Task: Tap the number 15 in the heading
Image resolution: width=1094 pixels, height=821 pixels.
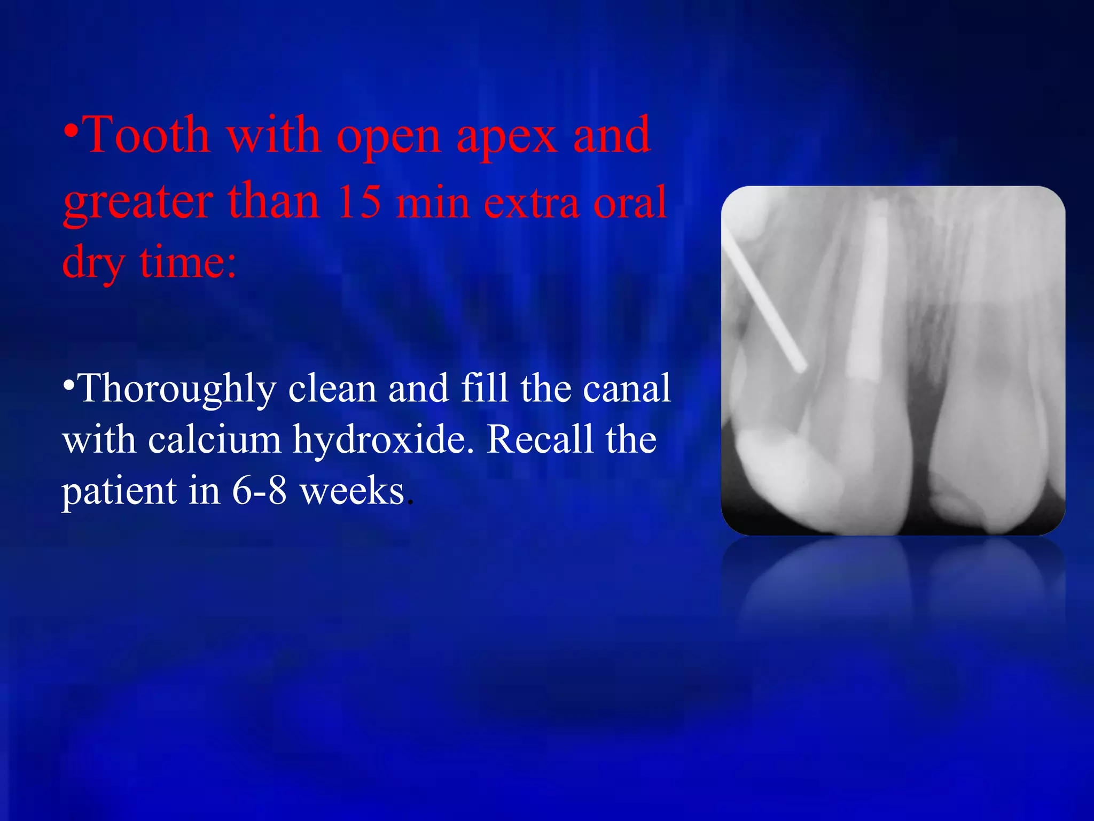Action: (x=359, y=202)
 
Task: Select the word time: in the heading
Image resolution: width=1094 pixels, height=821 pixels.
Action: (x=187, y=262)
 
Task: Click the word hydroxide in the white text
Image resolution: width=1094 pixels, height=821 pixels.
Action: (x=382, y=440)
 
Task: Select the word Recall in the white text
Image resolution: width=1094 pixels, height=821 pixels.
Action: (x=540, y=440)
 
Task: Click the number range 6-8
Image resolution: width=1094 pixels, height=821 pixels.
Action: (x=260, y=491)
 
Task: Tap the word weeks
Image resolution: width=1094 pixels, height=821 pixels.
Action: (x=352, y=491)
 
